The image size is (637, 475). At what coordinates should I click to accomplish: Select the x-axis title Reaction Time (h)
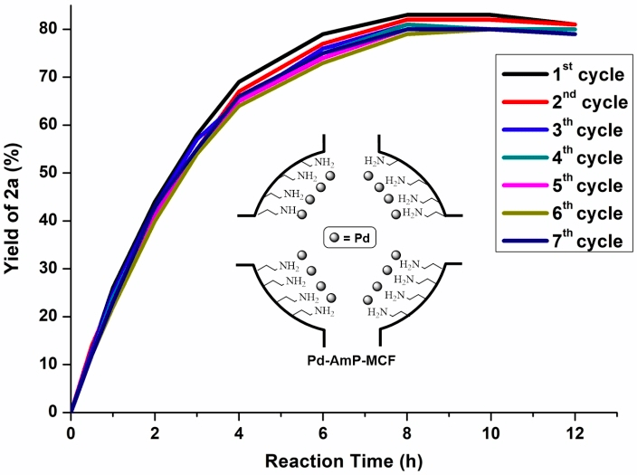[x=343, y=460]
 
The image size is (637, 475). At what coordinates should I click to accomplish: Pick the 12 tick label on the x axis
[x=575, y=432]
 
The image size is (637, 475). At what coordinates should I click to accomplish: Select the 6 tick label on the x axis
[x=323, y=432]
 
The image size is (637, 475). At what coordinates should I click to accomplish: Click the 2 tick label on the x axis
[x=155, y=432]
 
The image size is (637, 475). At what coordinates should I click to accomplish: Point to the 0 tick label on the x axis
[x=71, y=432]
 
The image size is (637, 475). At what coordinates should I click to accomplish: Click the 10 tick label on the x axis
[x=491, y=432]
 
